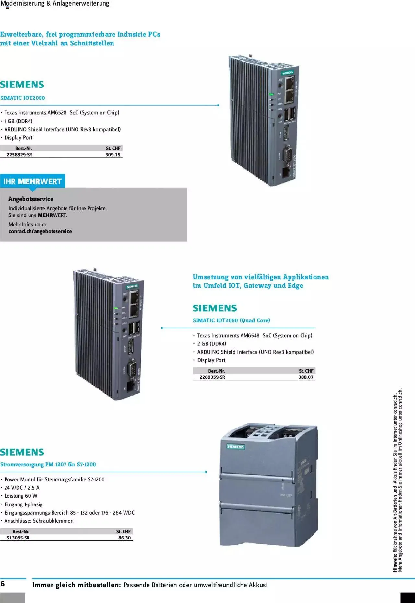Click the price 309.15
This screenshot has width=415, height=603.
coord(113,155)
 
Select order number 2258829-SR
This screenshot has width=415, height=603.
coord(19,155)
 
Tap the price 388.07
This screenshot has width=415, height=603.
coord(306,377)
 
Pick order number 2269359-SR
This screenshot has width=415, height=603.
coord(212,377)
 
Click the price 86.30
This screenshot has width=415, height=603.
coord(124,538)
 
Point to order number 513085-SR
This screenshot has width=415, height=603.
coord(18,538)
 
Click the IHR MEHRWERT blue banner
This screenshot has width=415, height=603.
coord(32,181)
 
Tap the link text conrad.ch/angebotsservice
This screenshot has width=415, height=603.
coord(40,231)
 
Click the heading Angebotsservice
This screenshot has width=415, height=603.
coord(31,199)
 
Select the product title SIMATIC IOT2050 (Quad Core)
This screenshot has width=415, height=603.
coord(231,320)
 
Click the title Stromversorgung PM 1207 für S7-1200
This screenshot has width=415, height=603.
coord(48,464)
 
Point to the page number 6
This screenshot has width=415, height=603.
coord(3,584)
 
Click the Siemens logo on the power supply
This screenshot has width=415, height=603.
coord(236,446)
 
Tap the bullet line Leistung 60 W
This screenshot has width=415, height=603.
coord(21,496)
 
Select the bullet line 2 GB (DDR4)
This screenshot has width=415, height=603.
coord(211,343)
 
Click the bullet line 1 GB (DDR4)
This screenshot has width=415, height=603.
coord(18,121)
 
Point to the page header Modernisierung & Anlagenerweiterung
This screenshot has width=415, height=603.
coord(55,4)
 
